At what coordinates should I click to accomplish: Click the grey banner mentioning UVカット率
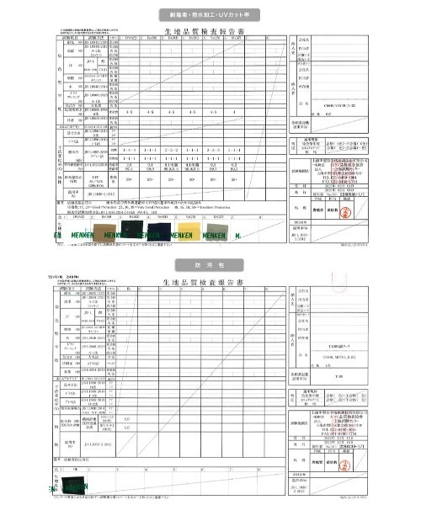(210, 15)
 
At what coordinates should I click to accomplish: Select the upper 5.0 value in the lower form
(126, 416)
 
